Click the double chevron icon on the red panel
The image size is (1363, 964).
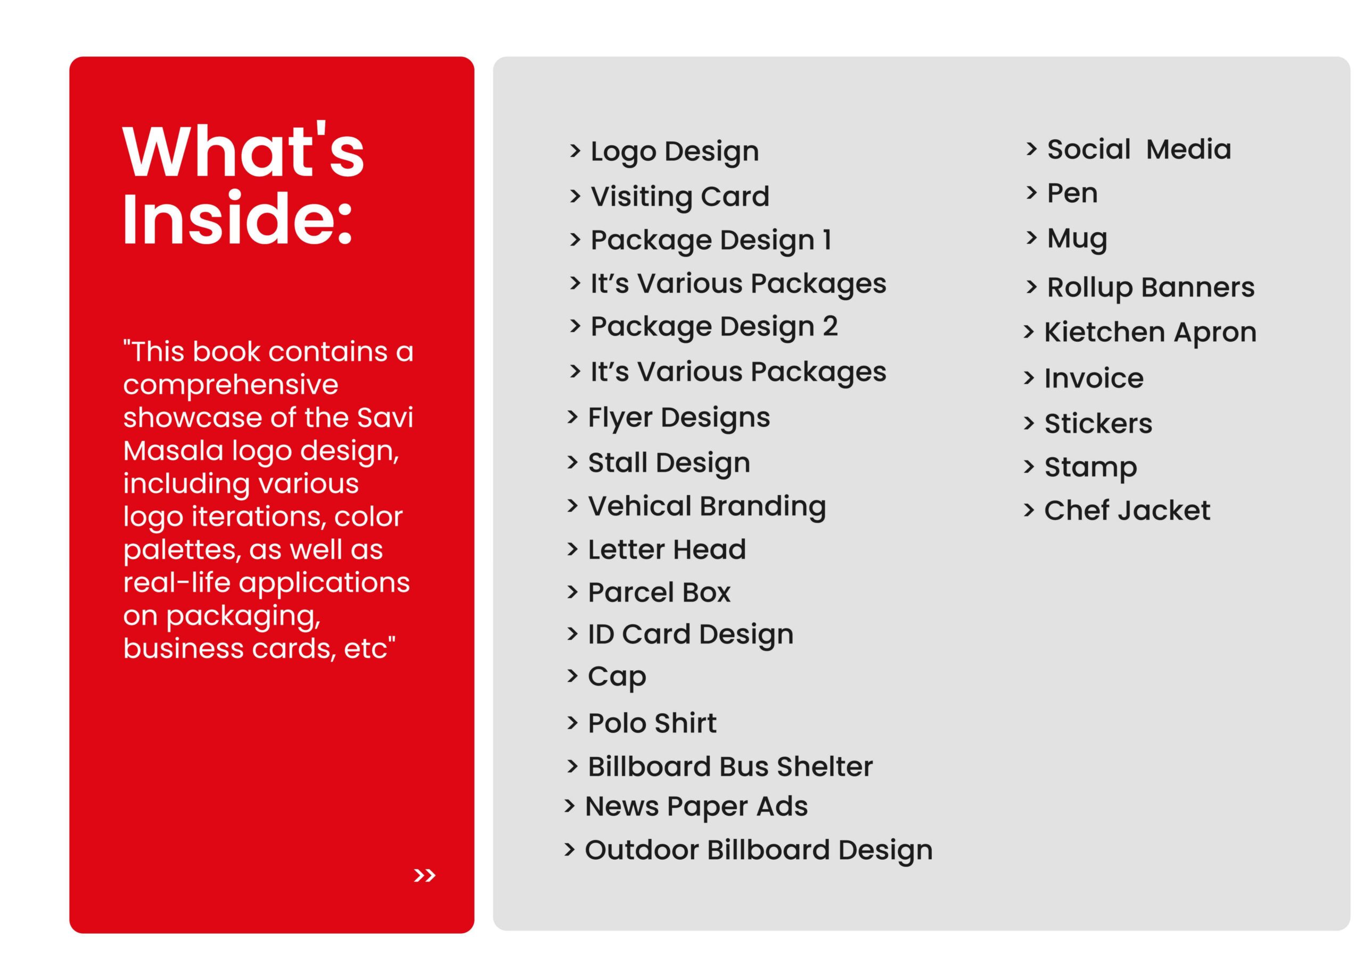424,876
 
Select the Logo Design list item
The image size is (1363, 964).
675,151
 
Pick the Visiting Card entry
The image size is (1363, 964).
680,196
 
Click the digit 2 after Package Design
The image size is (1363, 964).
830,326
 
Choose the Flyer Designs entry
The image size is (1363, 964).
678,417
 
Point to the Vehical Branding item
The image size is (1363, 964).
707,506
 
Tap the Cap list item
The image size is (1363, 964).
617,676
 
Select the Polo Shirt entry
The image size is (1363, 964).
652,723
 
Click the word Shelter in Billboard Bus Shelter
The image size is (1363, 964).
825,767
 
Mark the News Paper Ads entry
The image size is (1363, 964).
696,806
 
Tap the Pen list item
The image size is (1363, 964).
1072,193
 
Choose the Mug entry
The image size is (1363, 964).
1077,238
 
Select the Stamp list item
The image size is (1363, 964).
1090,468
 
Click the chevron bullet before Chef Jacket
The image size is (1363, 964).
1029,510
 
